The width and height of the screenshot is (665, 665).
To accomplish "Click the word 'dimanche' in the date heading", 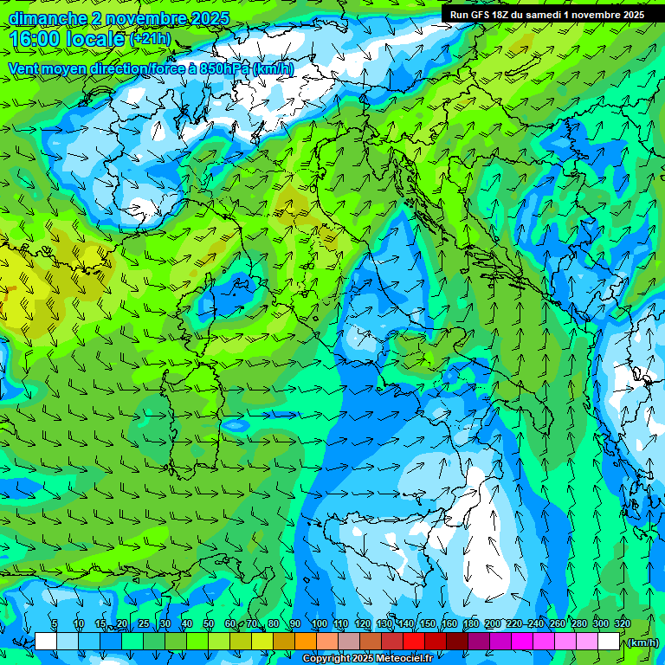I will point(47,18).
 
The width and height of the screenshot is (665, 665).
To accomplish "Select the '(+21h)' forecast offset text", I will point(150,39).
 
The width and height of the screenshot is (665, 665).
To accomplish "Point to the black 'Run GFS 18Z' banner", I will point(546,15).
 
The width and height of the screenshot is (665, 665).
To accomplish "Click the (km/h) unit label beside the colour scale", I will point(642,642).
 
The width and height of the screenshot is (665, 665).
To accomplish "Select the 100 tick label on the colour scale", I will point(319,624).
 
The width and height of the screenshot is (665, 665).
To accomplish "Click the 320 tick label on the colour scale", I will point(623,624).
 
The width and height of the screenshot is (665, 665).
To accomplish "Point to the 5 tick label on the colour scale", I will point(55,624).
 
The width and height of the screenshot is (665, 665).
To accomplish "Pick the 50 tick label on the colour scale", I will point(209,624).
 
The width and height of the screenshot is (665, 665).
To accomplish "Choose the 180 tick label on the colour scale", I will point(470,624).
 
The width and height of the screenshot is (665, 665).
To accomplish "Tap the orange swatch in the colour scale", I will point(305,642).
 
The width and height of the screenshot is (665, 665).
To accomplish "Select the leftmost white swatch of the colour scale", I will point(46,642).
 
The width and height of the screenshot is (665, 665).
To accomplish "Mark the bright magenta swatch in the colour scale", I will point(522,642).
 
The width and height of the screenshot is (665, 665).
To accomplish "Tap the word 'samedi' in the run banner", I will point(547,15).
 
